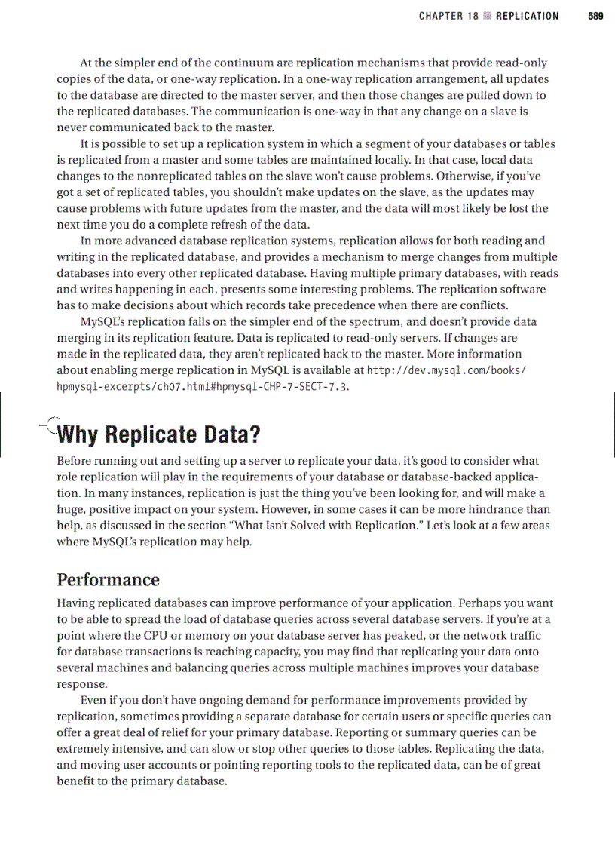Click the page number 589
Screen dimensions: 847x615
click(595, 16)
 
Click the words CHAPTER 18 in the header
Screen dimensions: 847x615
click(448, 16)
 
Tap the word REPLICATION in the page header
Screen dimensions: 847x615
click(528, 16)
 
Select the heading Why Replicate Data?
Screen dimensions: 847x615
click(159, 436)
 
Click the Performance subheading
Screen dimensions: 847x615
click(109, 580)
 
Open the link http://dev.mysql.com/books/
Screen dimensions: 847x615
click(445, 370)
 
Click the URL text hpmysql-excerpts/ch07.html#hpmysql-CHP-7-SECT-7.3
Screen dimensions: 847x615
click(203, 386)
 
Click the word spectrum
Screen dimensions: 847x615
click(354, 322)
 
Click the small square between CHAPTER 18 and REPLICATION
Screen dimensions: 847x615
click(487, 16)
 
